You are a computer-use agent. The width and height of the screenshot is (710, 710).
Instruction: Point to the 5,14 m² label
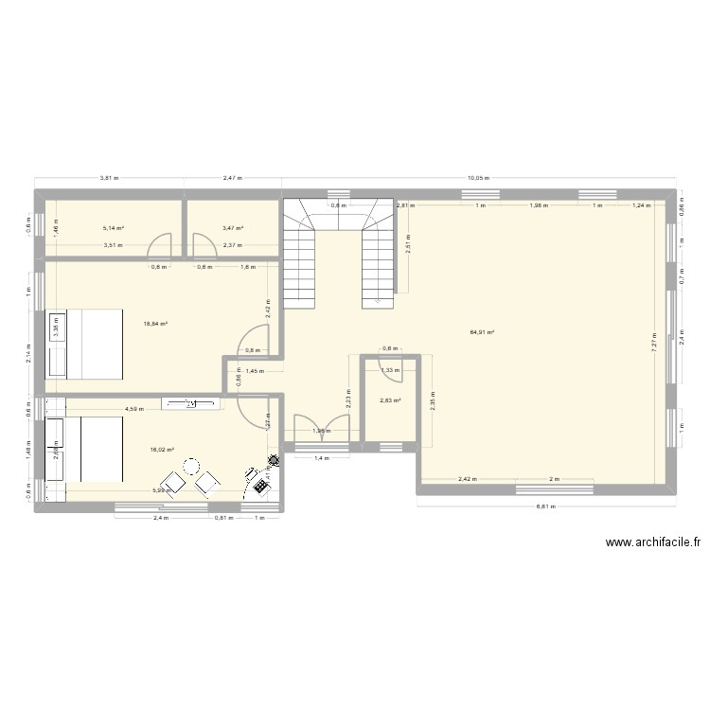113,228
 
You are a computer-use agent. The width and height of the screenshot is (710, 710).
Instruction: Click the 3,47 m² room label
233,228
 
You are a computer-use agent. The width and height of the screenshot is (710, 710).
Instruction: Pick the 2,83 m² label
390,401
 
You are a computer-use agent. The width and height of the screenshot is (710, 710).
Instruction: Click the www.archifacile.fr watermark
652,542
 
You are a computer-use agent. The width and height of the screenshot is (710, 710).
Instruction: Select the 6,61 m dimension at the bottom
546,506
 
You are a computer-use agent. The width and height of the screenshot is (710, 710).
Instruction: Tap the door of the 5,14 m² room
162,247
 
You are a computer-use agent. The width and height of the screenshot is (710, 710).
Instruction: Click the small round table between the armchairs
191,466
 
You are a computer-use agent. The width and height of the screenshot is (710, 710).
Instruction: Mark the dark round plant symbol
275,461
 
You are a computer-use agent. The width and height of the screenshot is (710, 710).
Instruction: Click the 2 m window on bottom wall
554,489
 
